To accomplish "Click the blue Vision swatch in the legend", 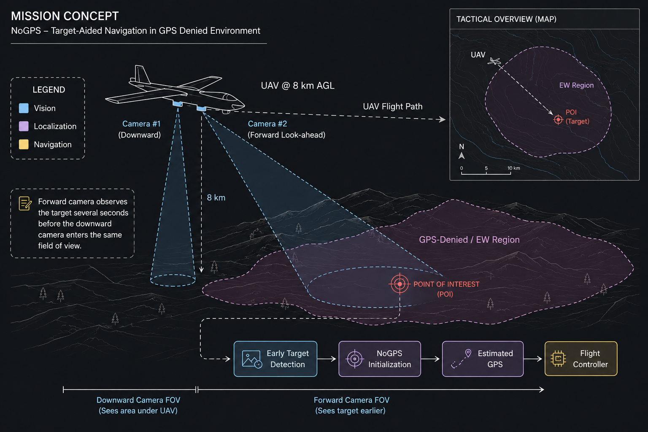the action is [24, 108].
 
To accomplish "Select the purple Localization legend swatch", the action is [24, 126].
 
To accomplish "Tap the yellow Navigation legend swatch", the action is [24, 144].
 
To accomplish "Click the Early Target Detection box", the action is [275, 359].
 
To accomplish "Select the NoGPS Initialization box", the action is [380, 359].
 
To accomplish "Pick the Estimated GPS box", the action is [483, 359].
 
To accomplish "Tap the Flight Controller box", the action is [581, 359].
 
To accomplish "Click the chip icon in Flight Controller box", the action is [558, 359].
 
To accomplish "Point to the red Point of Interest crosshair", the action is [400, 284].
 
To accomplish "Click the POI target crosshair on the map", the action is [558, 119].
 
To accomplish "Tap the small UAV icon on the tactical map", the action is [494, 61].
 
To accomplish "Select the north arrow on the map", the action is [462, 155].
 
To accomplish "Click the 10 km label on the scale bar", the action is [513, 168].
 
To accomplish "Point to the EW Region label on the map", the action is [576, 85].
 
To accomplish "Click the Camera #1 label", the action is [141, 124].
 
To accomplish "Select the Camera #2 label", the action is [267, 124].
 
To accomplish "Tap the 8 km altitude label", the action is [216, 197].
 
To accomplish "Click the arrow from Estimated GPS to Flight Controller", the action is [533, 359].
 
